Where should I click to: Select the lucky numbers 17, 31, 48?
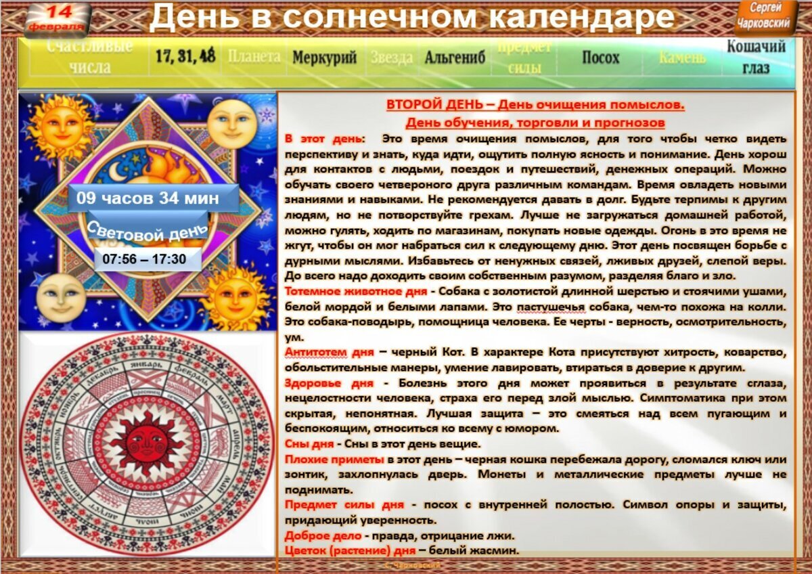point(185,56)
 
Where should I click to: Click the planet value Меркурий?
point(324,58)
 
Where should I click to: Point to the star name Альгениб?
point(455,58)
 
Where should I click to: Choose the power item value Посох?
point(600,58)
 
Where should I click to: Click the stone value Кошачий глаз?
point(756,57)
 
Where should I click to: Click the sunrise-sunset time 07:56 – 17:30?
point(144,259)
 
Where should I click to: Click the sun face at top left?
point(59,127)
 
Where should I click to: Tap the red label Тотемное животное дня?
point(355,292)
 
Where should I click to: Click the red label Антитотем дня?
point(328,353)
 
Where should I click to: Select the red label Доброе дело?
point(322,535)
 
